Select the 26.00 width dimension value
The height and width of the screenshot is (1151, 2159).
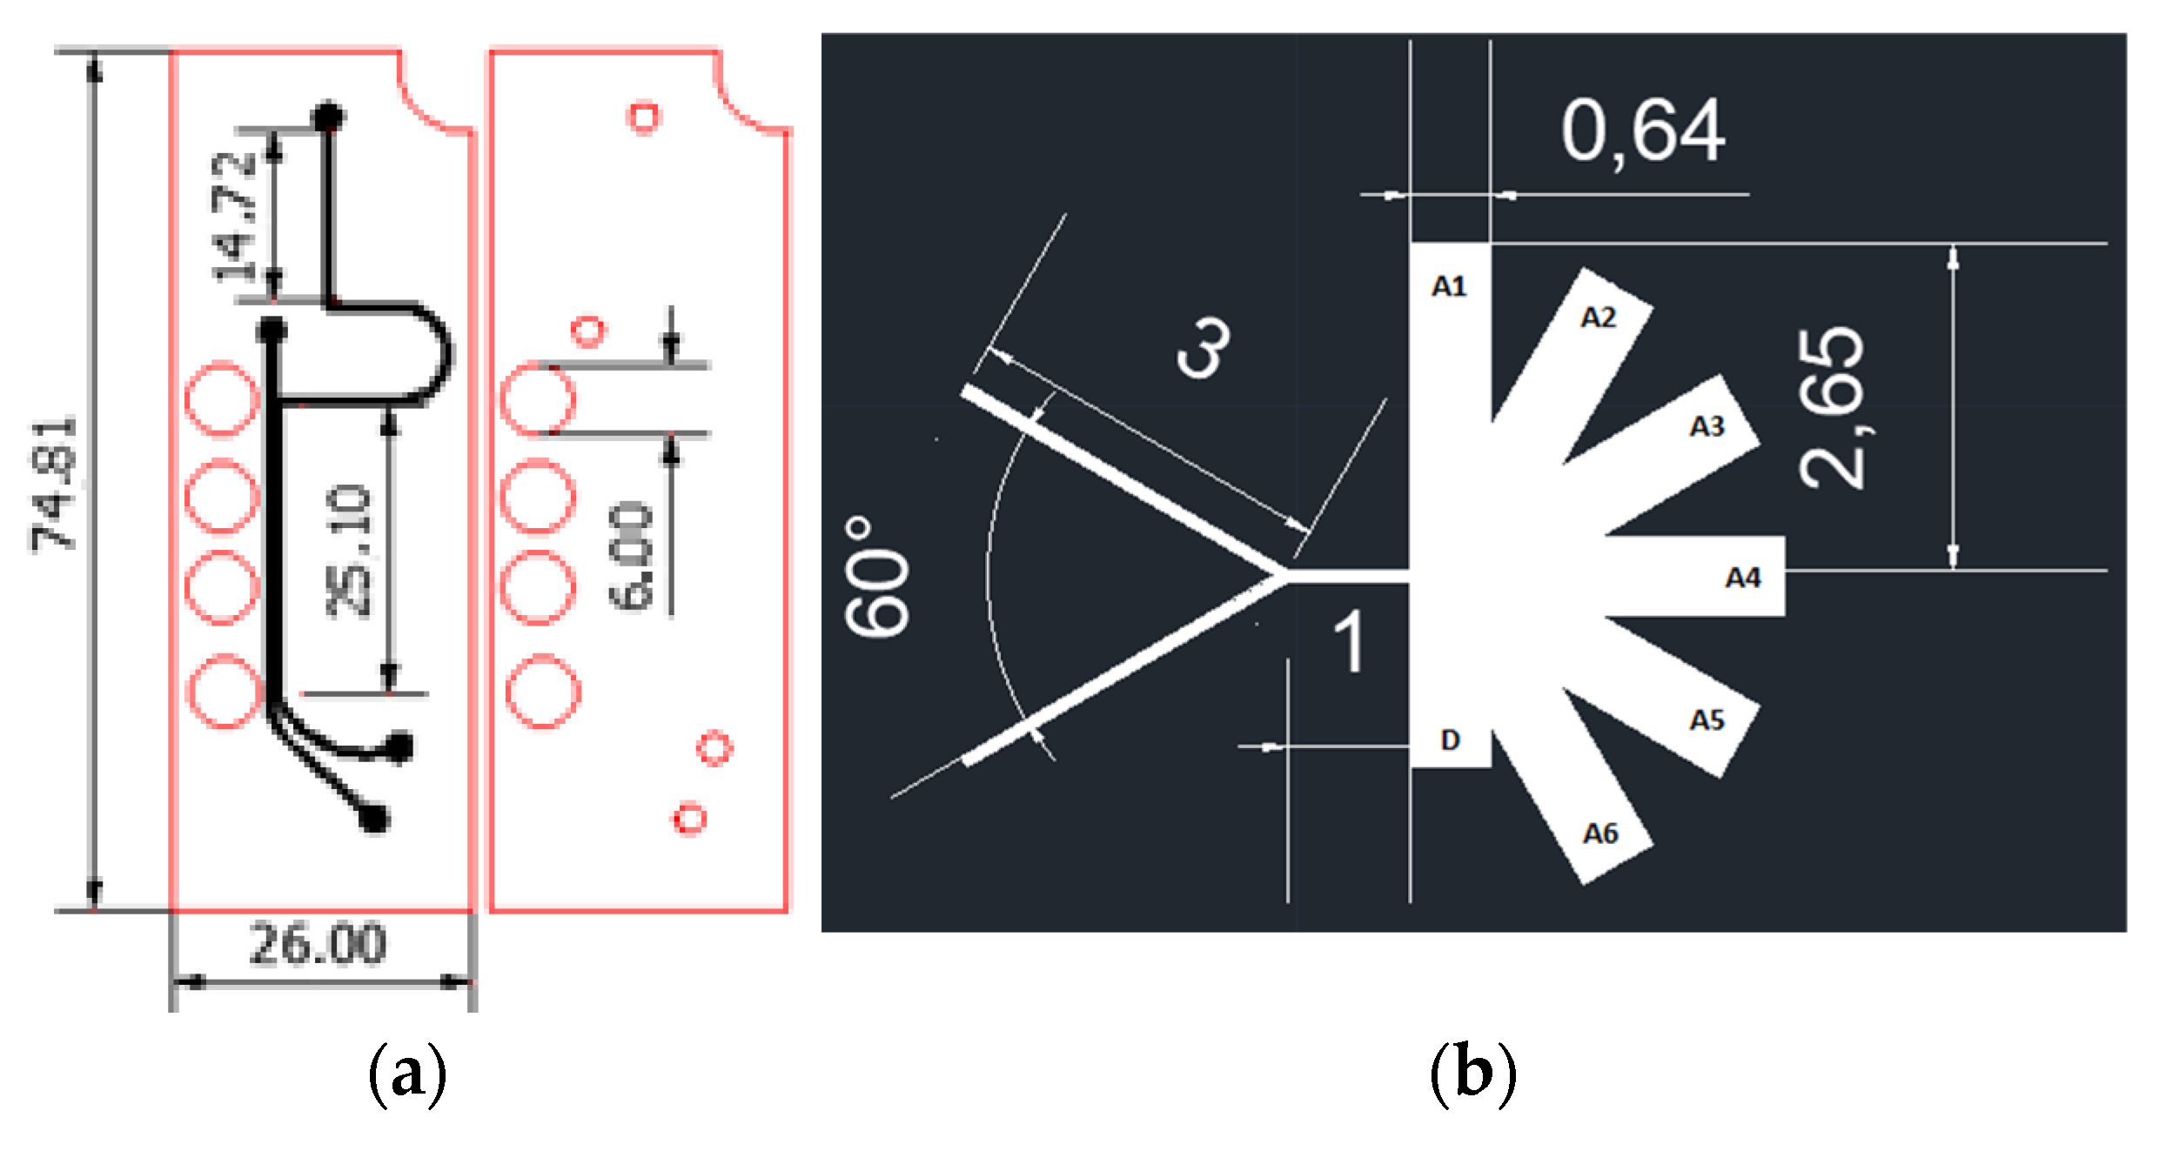click(318, 944)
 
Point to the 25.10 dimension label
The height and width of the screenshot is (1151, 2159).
click(349, 552)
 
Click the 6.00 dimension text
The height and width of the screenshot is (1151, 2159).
click(631, 556)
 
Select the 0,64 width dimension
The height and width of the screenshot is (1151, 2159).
click(1642, 132)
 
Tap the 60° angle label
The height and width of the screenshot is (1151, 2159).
click(877, 576)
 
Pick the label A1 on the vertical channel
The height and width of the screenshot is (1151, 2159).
click(1449, 286)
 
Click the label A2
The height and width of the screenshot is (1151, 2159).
click(1599, 318)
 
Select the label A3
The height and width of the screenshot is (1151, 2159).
click(1706, 426)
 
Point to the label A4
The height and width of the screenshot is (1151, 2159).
click(1743, 578)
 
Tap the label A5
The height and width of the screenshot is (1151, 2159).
click(1706, 720)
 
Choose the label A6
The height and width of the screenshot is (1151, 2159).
click(1599, 833)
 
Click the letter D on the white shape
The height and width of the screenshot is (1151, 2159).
click(1450, 740)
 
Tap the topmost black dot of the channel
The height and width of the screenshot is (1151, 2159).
click(328, 117)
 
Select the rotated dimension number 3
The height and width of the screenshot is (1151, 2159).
click(1206, 347)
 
